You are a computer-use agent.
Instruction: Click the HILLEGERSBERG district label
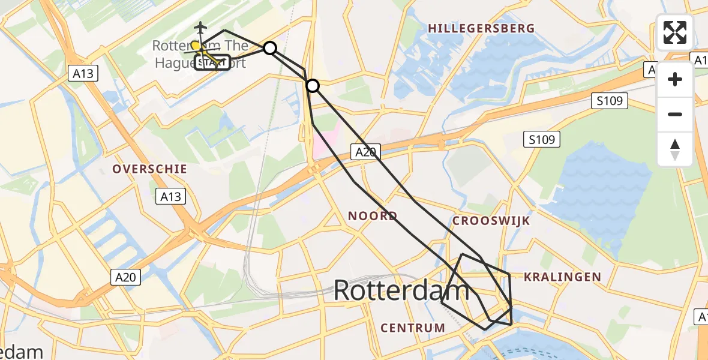click(481, 28)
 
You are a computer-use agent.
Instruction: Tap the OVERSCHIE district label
click(149, 169)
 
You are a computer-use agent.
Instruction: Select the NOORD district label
click(373, 216)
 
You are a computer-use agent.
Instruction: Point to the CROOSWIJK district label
click(491, 221)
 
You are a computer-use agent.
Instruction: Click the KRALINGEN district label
click(562, 277)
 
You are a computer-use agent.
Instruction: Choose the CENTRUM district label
click(413, 328)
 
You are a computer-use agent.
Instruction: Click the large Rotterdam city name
click(401, 291)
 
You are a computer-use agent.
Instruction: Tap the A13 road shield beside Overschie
click(170, 196)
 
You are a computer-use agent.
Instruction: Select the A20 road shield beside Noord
click(365, 152)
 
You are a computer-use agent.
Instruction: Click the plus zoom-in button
click(675, 80)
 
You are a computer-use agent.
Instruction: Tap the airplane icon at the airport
click(200, 28)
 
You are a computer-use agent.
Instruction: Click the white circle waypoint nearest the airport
click(270, 48)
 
